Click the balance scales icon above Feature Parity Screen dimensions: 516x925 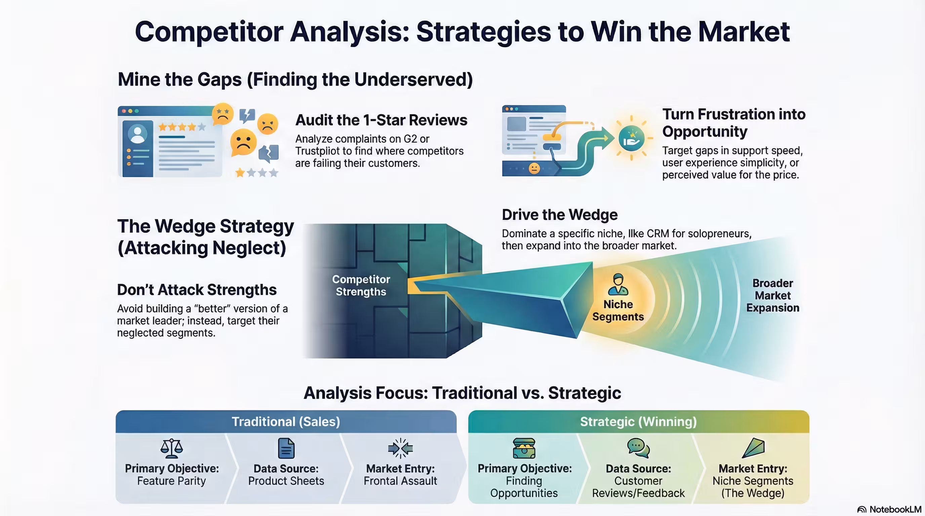click(x=172, y=448)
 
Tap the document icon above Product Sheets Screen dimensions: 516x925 click(x=286, y=448)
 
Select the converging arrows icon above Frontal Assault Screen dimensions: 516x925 click(x=400, y=448)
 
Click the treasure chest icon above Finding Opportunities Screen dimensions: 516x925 click(x=524, y=448)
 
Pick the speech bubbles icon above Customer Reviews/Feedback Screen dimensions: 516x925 click(x=638, y=448)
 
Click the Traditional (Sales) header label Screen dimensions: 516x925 click(x=286, y=422)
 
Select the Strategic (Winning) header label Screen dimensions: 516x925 click(x=638, y=422)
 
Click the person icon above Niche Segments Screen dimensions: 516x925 click(x=618, y=285)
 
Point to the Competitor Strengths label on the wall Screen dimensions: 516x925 click(x=361, y=286)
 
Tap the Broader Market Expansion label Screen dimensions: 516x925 click(x=773, y=296)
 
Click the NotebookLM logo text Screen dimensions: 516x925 click(x=895, y=510)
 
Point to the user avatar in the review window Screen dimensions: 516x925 click(x=137, y=134)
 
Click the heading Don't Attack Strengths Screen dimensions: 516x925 click(x=197, y=290)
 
